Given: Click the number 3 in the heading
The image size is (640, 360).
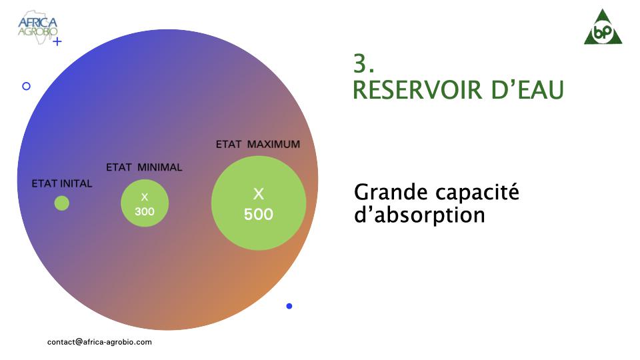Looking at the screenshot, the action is click(360, 64).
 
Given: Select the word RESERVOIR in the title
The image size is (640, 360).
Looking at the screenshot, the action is click(418, 90).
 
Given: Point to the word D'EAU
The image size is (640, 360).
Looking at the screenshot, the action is click(527, 90).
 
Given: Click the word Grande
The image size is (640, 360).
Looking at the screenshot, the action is click(391, 192).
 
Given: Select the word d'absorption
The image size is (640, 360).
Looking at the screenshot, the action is click(419, 215).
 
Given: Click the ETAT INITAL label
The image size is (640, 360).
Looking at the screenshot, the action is click(62, 184).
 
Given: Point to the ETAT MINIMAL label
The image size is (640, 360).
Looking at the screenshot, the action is click(144, 167).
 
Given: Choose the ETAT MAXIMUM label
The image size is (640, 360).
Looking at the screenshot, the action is click(258, 145).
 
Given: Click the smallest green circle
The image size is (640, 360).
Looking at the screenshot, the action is click(61, 203).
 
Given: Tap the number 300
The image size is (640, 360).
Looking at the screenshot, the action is click(145, 211).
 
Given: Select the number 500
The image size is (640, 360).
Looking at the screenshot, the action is click(259, 214).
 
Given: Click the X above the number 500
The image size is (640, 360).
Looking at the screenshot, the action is click(259, 193).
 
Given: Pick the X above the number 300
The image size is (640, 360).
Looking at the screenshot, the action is click(145, 197).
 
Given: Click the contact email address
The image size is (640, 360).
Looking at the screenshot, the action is click(99, 342).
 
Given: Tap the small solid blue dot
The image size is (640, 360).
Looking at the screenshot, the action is click(289, 306).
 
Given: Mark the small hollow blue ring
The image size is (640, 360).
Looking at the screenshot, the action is click(26, 86).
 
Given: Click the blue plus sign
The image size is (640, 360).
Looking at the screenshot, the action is click(57, 41).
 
